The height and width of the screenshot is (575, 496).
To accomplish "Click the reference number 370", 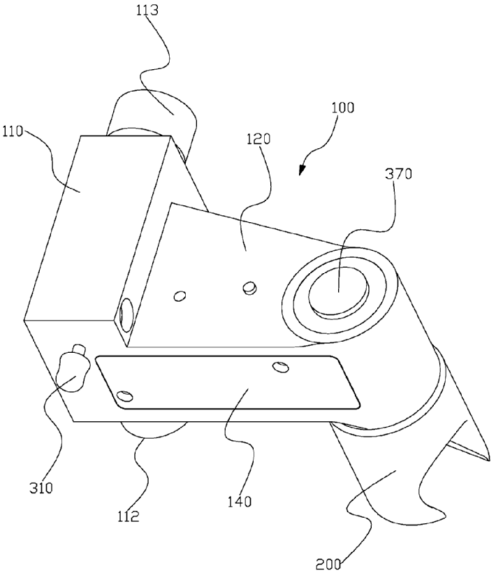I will [398, 174].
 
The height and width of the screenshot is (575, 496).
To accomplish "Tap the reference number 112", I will [127, 518].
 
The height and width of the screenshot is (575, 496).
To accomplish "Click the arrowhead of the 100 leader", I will [302, 171].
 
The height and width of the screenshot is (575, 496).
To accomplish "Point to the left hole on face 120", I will [179, 296].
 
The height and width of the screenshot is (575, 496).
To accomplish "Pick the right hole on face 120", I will [248, 286].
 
